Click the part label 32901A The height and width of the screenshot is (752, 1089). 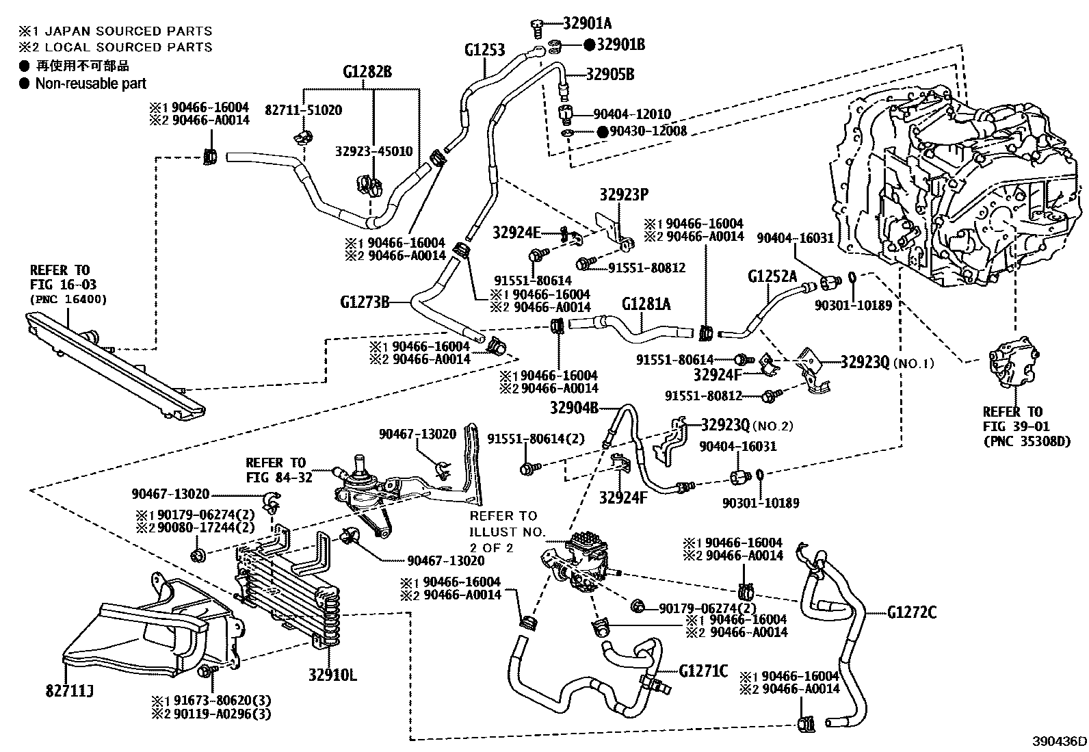(588, 23)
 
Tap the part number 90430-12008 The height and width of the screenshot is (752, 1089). (648, 131)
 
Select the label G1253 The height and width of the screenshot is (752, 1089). (485, 50)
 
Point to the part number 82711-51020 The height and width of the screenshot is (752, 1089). (303, 110)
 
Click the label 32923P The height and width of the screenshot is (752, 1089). (624, 194)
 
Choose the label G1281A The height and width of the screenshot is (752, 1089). (646, 304)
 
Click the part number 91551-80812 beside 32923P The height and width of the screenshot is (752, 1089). (646, 268)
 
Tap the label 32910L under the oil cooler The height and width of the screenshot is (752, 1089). (332, 675)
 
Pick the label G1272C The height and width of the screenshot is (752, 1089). (912, 612)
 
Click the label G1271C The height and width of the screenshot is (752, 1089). (703, 671)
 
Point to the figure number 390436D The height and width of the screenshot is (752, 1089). (1060, 741)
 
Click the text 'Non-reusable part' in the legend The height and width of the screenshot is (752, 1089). (91, 83)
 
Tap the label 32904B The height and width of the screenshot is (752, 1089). (574, 408)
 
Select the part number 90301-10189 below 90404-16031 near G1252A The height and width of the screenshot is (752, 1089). (853, 305)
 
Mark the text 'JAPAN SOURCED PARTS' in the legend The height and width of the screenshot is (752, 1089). (129, 31)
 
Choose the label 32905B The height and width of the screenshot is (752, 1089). (610, 75)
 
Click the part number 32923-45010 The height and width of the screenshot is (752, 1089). (373, 151)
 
